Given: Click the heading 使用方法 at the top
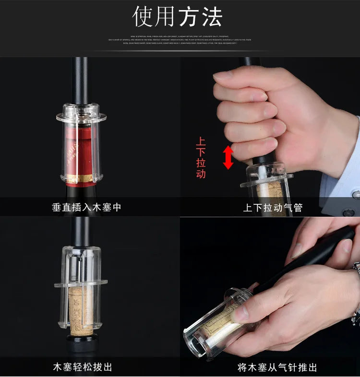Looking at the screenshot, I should [x=178, y=17].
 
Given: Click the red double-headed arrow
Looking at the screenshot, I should [x=228, y=157].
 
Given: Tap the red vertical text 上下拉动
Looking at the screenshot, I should [x=201, y=158].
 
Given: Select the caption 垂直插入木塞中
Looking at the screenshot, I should [x=87, y=208].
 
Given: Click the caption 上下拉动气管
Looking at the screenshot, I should [x=273, y=208].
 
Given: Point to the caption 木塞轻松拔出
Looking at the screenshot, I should [x=83, y=367].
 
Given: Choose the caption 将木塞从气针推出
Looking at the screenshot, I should [x=277, y=367].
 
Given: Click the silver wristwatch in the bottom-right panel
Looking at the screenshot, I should [x=356, y=293].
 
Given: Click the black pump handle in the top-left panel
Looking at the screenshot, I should [x=80, y=79].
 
